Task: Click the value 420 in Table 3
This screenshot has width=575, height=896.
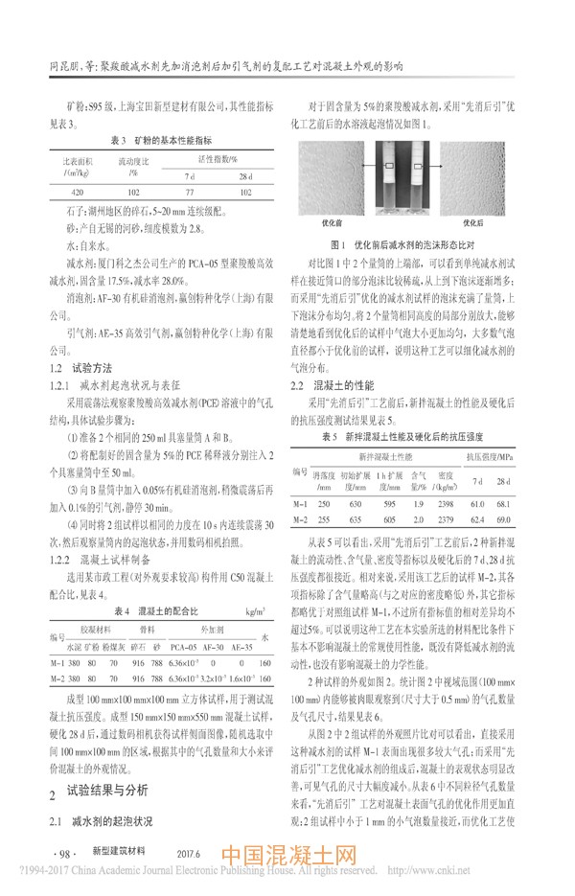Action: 73,192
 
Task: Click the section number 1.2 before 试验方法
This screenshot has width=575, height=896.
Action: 56,341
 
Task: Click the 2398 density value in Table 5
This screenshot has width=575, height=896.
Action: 446,503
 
